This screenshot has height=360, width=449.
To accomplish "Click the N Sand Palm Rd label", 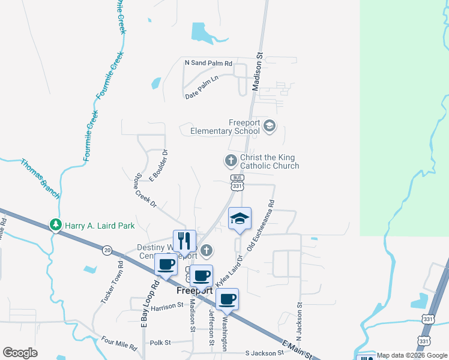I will [208, 62].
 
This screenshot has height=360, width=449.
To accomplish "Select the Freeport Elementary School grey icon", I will [270, 125].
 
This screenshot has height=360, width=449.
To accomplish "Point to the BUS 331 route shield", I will [238, 182].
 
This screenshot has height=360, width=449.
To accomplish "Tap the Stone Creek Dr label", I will [145, 191].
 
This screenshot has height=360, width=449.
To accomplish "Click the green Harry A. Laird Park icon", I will [56, 225].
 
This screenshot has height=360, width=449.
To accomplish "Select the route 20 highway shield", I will [107, 250].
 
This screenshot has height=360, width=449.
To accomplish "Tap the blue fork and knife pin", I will [184, 241].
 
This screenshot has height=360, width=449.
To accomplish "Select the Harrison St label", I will [167, 306].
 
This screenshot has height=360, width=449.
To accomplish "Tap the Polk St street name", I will [160, 343].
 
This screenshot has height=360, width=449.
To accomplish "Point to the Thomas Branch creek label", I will [40, 178].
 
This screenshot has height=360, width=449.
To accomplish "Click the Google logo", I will [20, 353].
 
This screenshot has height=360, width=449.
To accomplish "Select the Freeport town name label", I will [196, 290].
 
